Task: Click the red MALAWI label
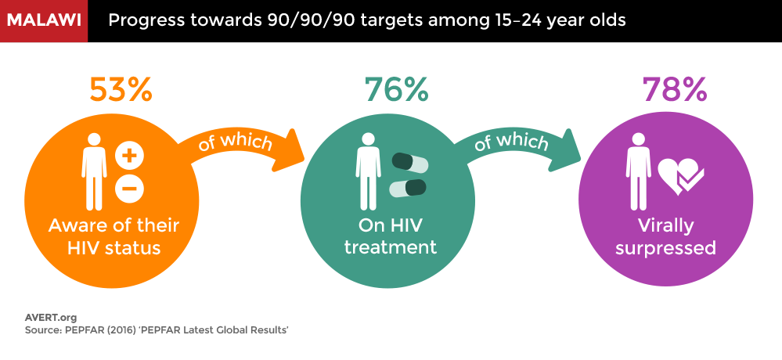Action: click(43, 20)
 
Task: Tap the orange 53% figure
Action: click(121, 90)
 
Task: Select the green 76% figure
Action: click(397, 90)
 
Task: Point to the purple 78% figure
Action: click(674, 90)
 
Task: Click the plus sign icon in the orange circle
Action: click(130, 157)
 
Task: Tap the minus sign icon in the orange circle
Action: click(130, 189)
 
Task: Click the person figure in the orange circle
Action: click(94, 171)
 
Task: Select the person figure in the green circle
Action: click(368, 171)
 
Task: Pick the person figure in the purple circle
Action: click(639, 171)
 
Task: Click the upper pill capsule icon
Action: click(410, 163)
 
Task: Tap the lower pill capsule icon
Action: click(408, 188)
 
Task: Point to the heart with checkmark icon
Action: click(680, 177)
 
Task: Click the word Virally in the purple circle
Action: click(666, 226)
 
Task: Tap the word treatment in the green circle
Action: click(391, 247)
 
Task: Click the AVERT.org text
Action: click(51, 317)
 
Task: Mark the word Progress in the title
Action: click(140, 21)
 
